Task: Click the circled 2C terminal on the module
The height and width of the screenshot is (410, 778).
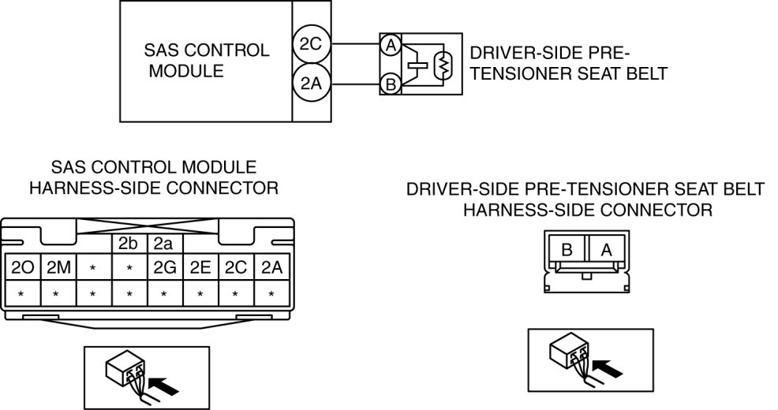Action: pyautogui.click(x=309, y=45)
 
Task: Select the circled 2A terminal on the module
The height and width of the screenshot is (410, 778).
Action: pyautogui.click(x=309, y=83)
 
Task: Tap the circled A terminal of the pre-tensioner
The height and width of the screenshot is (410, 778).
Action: pyautogui.click(x=389, y=45)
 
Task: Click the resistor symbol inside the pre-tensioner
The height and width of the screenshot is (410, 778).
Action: pyautogui.click(x=444, y=65)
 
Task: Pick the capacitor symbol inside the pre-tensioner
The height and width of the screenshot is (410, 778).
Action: pyautogui.click(x=417, y=65)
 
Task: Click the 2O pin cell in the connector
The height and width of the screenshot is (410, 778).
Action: pyautogui.click(x=21, y=267)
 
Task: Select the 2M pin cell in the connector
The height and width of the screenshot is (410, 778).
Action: pyautogui.click(x=57, y=267)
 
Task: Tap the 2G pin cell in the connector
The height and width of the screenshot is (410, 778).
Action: pyautogui.click(x=165, y=267)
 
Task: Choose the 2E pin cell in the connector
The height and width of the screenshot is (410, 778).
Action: pyautogui.click(x=200, y=267)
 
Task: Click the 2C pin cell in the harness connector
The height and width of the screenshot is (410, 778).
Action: pyautogui.click(x=236, y=267)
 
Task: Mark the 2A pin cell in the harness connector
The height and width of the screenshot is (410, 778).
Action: pyautogui.click(x=272, y=267)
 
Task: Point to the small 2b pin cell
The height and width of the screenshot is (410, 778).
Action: pyautogui.click(x=129, y=244)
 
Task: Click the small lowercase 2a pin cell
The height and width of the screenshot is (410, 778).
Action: pyautogui.click(x=164, y=244)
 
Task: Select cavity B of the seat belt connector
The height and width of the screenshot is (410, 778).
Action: pyautogui.click(x=567, y=250)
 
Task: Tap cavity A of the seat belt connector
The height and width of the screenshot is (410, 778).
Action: pyautogui.click(x=606, y=250)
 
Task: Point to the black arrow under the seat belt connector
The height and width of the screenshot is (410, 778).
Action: pyautogui.click(x=606, y=365)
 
